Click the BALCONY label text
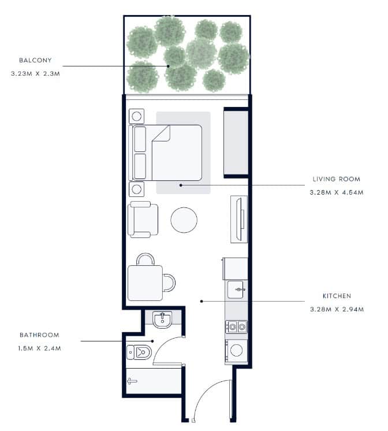(x=35, y=60)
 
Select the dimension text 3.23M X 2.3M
(x=35, y=74)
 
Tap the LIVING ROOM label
(x=337, y=179)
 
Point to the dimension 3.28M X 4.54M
(x=337, y=192)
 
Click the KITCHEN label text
(x=337, y=296)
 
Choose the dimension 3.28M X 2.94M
(x=337, y=309)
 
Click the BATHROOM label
(x=40, y=335)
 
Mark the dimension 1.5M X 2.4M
(x=40, y=348)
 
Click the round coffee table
(x=184, y=220)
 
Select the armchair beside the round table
(x=143, y=220)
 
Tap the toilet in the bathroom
(x=139, y=352)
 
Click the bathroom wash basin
(x=162, y=319)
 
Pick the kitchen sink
(x=236, y=289)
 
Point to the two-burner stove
(x=236, y=327)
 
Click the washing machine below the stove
(x=236, y=351)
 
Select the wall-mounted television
(x=240, y=220)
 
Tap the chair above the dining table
(x=145, y=259)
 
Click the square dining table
(x=145, y=283)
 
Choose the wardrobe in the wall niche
(x=236, y=142)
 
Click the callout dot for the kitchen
(x=202, y=301)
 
